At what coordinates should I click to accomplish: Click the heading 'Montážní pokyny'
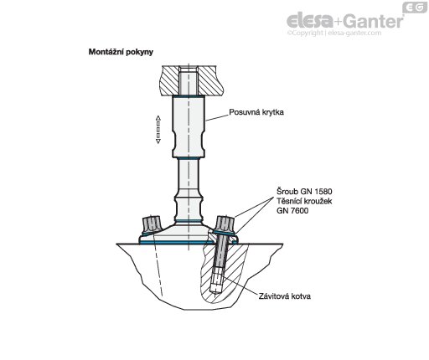click(121, 52)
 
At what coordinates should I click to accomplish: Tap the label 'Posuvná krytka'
click(256, 112)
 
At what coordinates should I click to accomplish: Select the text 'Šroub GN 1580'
click(304, 192)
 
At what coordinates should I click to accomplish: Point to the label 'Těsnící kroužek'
click(304, 201)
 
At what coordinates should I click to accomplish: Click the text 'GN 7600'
click(292, 210)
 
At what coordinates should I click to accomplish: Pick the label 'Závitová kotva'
click(284, 296)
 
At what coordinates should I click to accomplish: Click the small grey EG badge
click(415, 8)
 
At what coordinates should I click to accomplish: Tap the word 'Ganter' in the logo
click(373, 21)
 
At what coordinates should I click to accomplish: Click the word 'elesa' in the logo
click(310, 21)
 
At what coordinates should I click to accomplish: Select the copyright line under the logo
click(334, 33)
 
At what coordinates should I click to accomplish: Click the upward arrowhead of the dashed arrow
click(158, 118)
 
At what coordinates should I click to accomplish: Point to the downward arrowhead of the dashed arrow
click(158, 141)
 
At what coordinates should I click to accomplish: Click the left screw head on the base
click(151, 224)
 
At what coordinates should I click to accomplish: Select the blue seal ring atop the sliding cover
click(189, 96)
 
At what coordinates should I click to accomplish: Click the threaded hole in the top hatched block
click(189, 80)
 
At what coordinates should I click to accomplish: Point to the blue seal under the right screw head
click(224, 233)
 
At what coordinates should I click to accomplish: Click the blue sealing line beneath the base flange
click(188, 243)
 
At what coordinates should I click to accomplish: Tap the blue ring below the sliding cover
click(189, 158)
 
